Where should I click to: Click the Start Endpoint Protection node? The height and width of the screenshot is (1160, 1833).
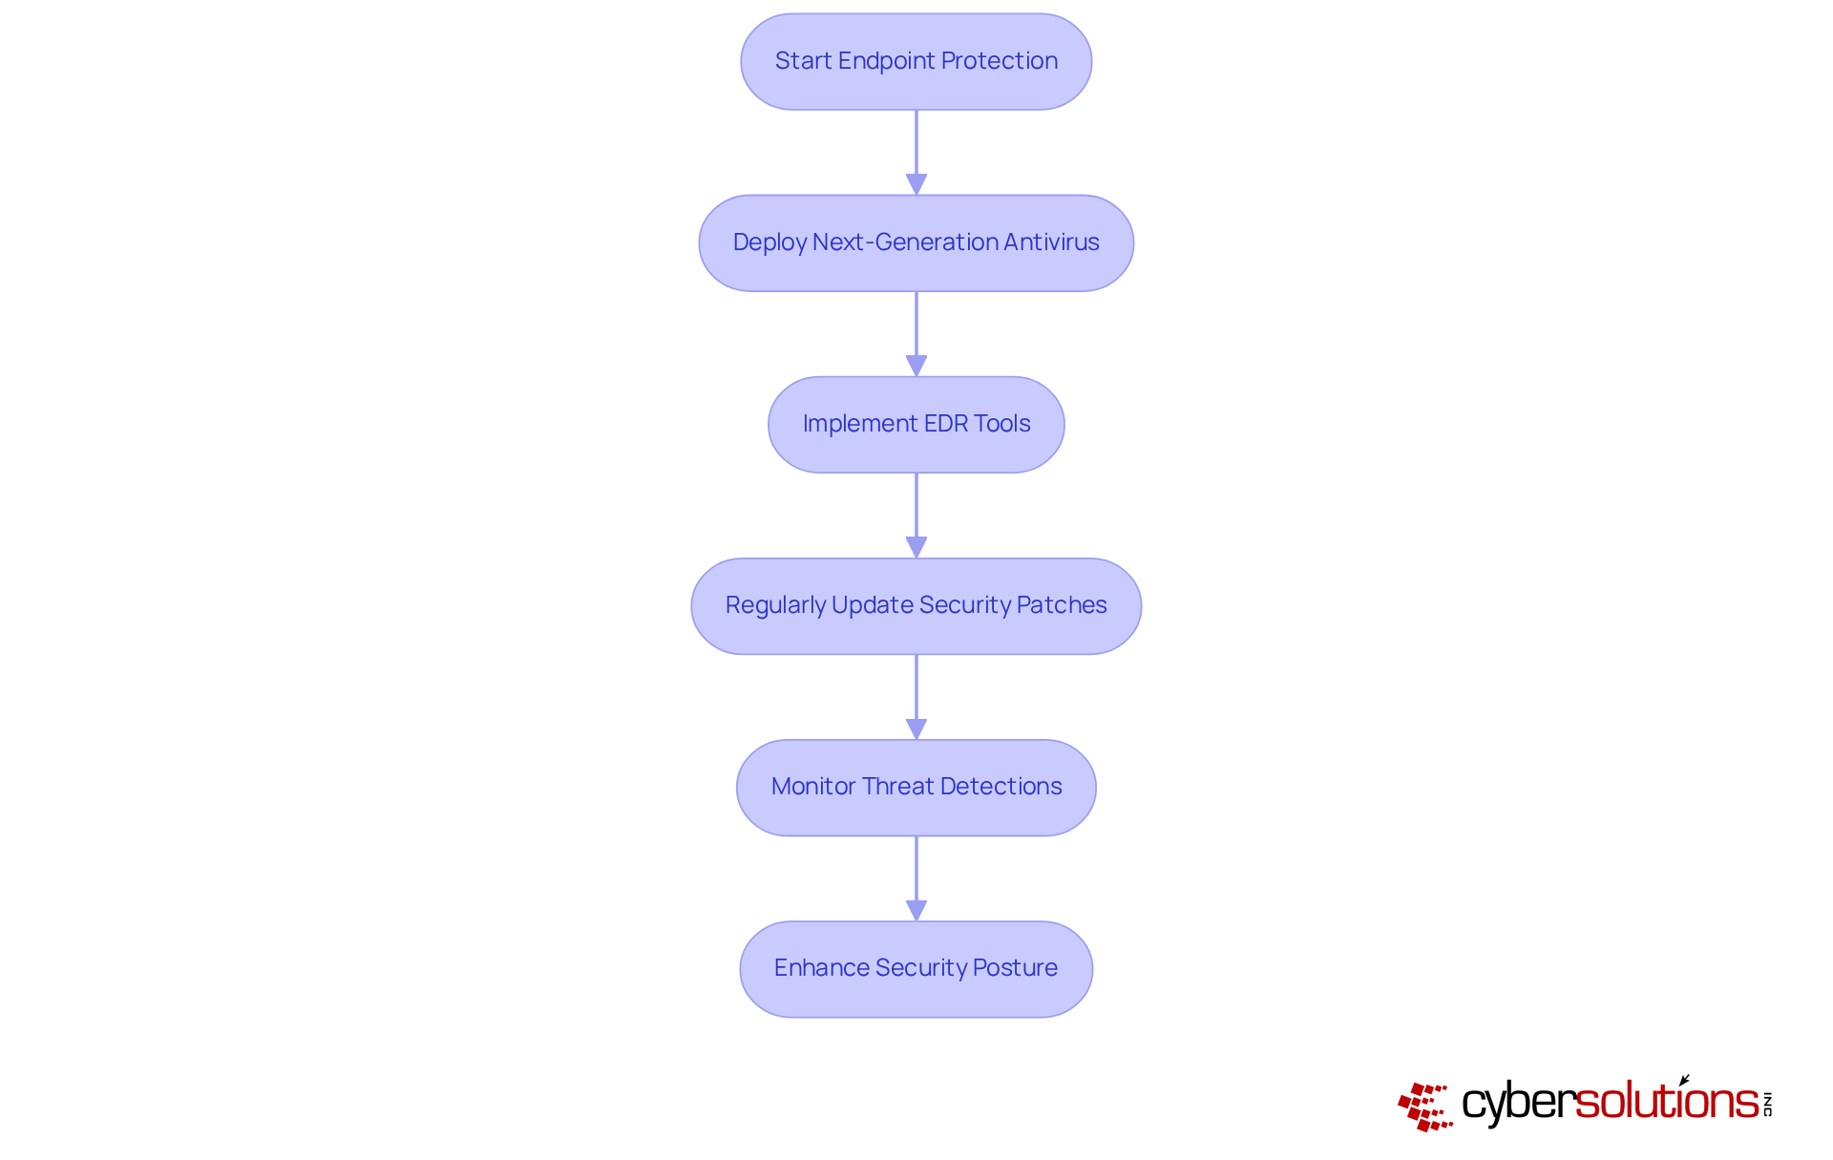(x=916, y=61)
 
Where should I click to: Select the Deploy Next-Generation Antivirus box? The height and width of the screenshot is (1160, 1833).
(x=916, y=243)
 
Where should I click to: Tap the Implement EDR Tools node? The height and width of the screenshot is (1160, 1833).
(x=916, y=424)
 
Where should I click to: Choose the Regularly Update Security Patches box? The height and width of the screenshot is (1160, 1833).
(x=916, y=605)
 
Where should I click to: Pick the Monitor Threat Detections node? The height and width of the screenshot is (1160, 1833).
(x=916, y=787)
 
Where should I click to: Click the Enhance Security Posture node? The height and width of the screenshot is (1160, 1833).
(x=916, y=968)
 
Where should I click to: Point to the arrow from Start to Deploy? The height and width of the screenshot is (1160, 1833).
(x=916, y=151)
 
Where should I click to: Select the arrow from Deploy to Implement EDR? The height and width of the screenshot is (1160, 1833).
(x=916, y=332)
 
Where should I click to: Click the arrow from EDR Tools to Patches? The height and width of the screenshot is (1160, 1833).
(x=916, y=514)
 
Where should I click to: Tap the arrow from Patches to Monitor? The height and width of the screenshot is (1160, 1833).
(x=916, y=695)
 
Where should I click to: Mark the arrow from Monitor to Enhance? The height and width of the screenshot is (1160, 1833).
(x=916, y=876)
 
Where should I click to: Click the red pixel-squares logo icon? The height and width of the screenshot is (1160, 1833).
(x=1424, y=1106)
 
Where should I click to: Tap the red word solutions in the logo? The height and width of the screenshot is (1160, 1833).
(x=1667, y=1102)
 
